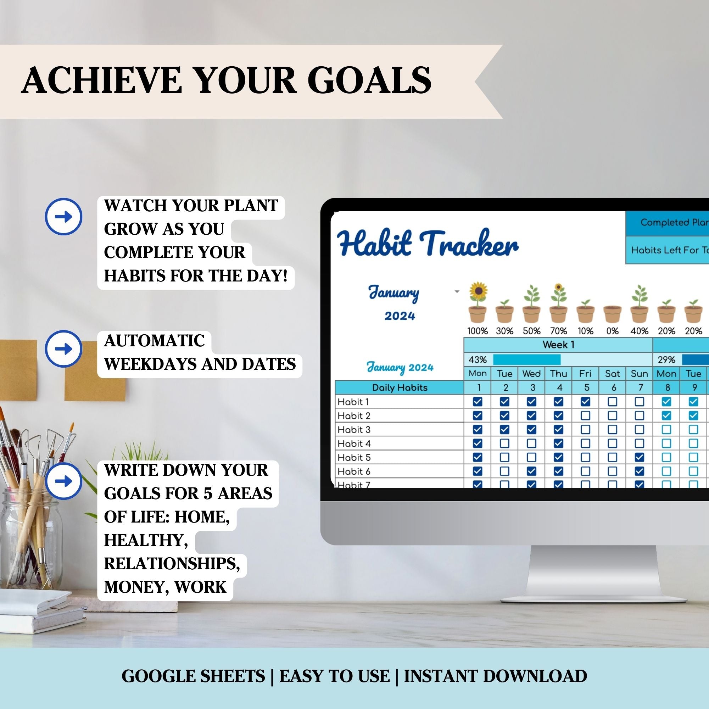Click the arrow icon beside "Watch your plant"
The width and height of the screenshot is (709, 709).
point(63,217)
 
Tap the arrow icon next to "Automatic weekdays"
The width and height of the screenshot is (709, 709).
point(63,348)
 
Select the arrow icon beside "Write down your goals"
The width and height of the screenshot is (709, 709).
point(63,481)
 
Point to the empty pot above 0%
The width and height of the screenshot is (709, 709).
point(613,314)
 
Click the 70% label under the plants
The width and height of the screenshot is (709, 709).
point(559,331)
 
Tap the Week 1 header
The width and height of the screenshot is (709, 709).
point(558,345)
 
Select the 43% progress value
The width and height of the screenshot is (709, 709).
point(478,359)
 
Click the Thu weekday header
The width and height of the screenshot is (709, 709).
point(559,374)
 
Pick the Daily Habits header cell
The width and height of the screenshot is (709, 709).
point(400,387)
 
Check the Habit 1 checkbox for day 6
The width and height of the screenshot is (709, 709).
point(613,402)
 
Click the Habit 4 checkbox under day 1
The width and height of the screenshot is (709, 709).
point(478,443)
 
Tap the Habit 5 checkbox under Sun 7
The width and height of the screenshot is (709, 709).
point(639,457)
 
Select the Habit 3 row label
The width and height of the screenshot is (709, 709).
point(354,429)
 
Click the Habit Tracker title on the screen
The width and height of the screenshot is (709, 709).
point(428,243)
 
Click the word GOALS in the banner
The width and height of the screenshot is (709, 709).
point(369,80)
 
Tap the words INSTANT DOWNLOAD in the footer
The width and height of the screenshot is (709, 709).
point(496,676)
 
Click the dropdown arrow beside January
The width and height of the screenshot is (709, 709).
point(457,292)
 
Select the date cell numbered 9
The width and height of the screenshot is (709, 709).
point(694,387)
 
